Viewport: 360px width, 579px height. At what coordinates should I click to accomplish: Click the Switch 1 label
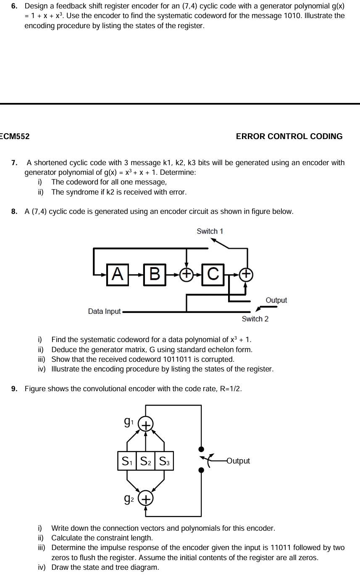click(x=210, y=231)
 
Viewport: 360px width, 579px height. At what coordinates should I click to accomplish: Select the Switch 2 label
click(x=255, y=319)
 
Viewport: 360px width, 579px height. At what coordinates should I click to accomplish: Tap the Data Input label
click(x=104, y=311)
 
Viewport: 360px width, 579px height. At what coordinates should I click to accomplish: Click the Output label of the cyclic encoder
click(x=276, y=300)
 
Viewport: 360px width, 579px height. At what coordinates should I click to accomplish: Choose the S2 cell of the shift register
click(x=146, y=461)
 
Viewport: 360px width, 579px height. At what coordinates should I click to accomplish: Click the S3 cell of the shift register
click(x=164, y=461)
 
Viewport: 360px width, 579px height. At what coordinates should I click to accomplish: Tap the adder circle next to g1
click(x=145, y=425)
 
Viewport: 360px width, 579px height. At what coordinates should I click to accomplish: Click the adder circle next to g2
click(x=145, y=499)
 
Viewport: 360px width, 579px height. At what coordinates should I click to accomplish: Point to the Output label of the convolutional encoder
click(x=238, y=461)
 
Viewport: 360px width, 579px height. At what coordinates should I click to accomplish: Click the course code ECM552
click(x=15, y=137)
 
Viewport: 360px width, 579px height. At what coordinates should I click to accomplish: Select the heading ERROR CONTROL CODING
click(x=289, y=137)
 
